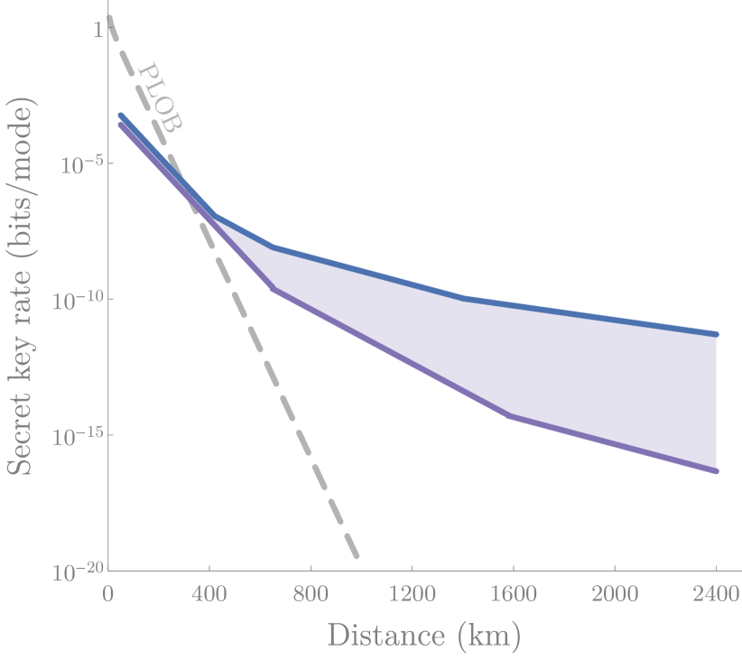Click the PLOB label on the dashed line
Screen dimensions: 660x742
tap(162, 98)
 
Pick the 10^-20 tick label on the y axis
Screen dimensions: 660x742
tap(77, 570)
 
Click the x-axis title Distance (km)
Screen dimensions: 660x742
tap(423, 635)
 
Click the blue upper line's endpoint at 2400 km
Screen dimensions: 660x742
tap(716, 334)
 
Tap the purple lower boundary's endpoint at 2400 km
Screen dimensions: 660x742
tap(716, 471)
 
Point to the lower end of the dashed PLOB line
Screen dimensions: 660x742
tap(357, 555)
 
